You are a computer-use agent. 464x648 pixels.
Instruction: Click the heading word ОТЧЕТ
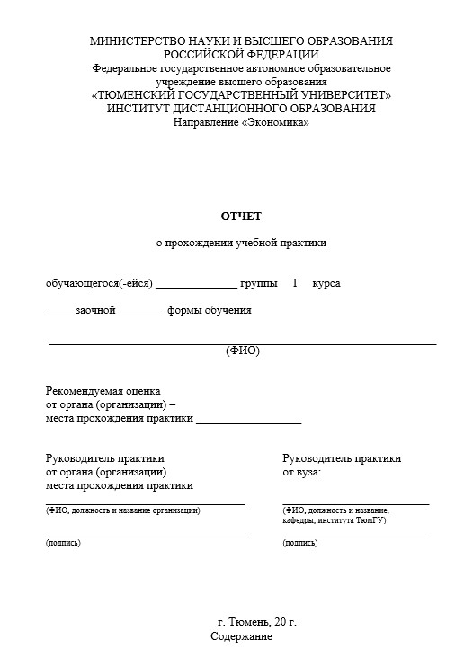tap(241, 217)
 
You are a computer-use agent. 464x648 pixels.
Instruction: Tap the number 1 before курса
tap(294, 283)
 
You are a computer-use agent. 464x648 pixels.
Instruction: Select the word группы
tap(259, 284)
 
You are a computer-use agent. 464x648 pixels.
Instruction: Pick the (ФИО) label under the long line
tap(242, 351)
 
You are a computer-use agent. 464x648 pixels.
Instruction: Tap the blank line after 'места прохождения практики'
tap(248, 421)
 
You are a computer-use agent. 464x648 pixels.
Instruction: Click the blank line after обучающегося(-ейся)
tap(196, 287)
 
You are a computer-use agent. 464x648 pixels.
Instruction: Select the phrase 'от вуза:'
tap(301, 471)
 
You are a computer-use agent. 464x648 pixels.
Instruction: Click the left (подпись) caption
tap(63, 543)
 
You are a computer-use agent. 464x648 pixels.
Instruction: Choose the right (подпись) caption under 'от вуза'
tap(299, 543)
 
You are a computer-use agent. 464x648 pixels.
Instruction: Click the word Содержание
tap(241, 636)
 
